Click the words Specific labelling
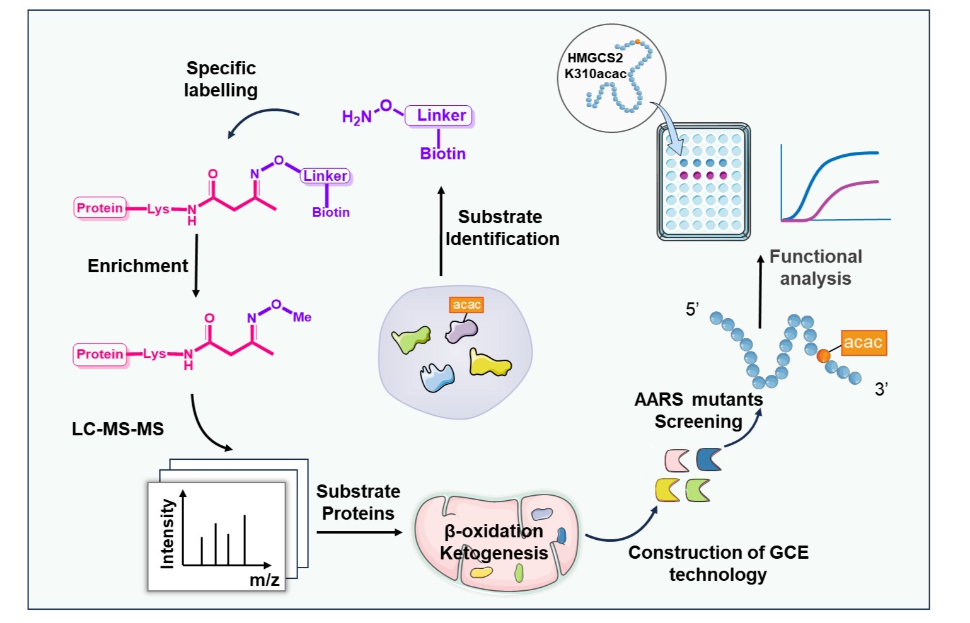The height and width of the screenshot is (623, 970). (x=221, y=79)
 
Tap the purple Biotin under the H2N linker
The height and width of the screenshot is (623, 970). (x=442, y=154)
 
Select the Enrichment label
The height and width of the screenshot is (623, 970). (x=137, y=266)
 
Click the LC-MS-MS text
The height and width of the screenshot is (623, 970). (x=118, y=429)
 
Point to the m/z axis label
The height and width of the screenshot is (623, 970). (x=264, y=580)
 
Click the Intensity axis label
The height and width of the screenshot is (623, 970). (x=167, y=534)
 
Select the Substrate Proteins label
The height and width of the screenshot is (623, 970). (x=358, y=502)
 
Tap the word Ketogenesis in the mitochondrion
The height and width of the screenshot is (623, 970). (x=494, y=553)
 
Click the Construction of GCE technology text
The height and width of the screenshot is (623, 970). (x=718, y=563)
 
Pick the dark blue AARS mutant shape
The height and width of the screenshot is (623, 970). (x=709, y=459)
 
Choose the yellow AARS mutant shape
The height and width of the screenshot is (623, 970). (x=667, y=489)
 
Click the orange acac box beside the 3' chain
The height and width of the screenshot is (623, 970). (x=862, y=343)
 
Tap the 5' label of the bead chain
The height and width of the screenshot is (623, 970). (x=692, y=309)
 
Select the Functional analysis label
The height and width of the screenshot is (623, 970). (x=816, y=267)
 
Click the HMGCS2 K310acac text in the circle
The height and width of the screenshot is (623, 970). (x=595, y=66)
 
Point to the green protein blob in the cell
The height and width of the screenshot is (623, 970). (x=411, y=339)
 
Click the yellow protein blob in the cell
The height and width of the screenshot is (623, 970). (x=489, y=363)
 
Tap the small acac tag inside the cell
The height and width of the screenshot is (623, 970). (x=466, y=305)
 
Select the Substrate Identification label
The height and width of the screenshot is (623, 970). (x=502, y=227)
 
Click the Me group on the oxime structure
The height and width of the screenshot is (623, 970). (x=302, y=317)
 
